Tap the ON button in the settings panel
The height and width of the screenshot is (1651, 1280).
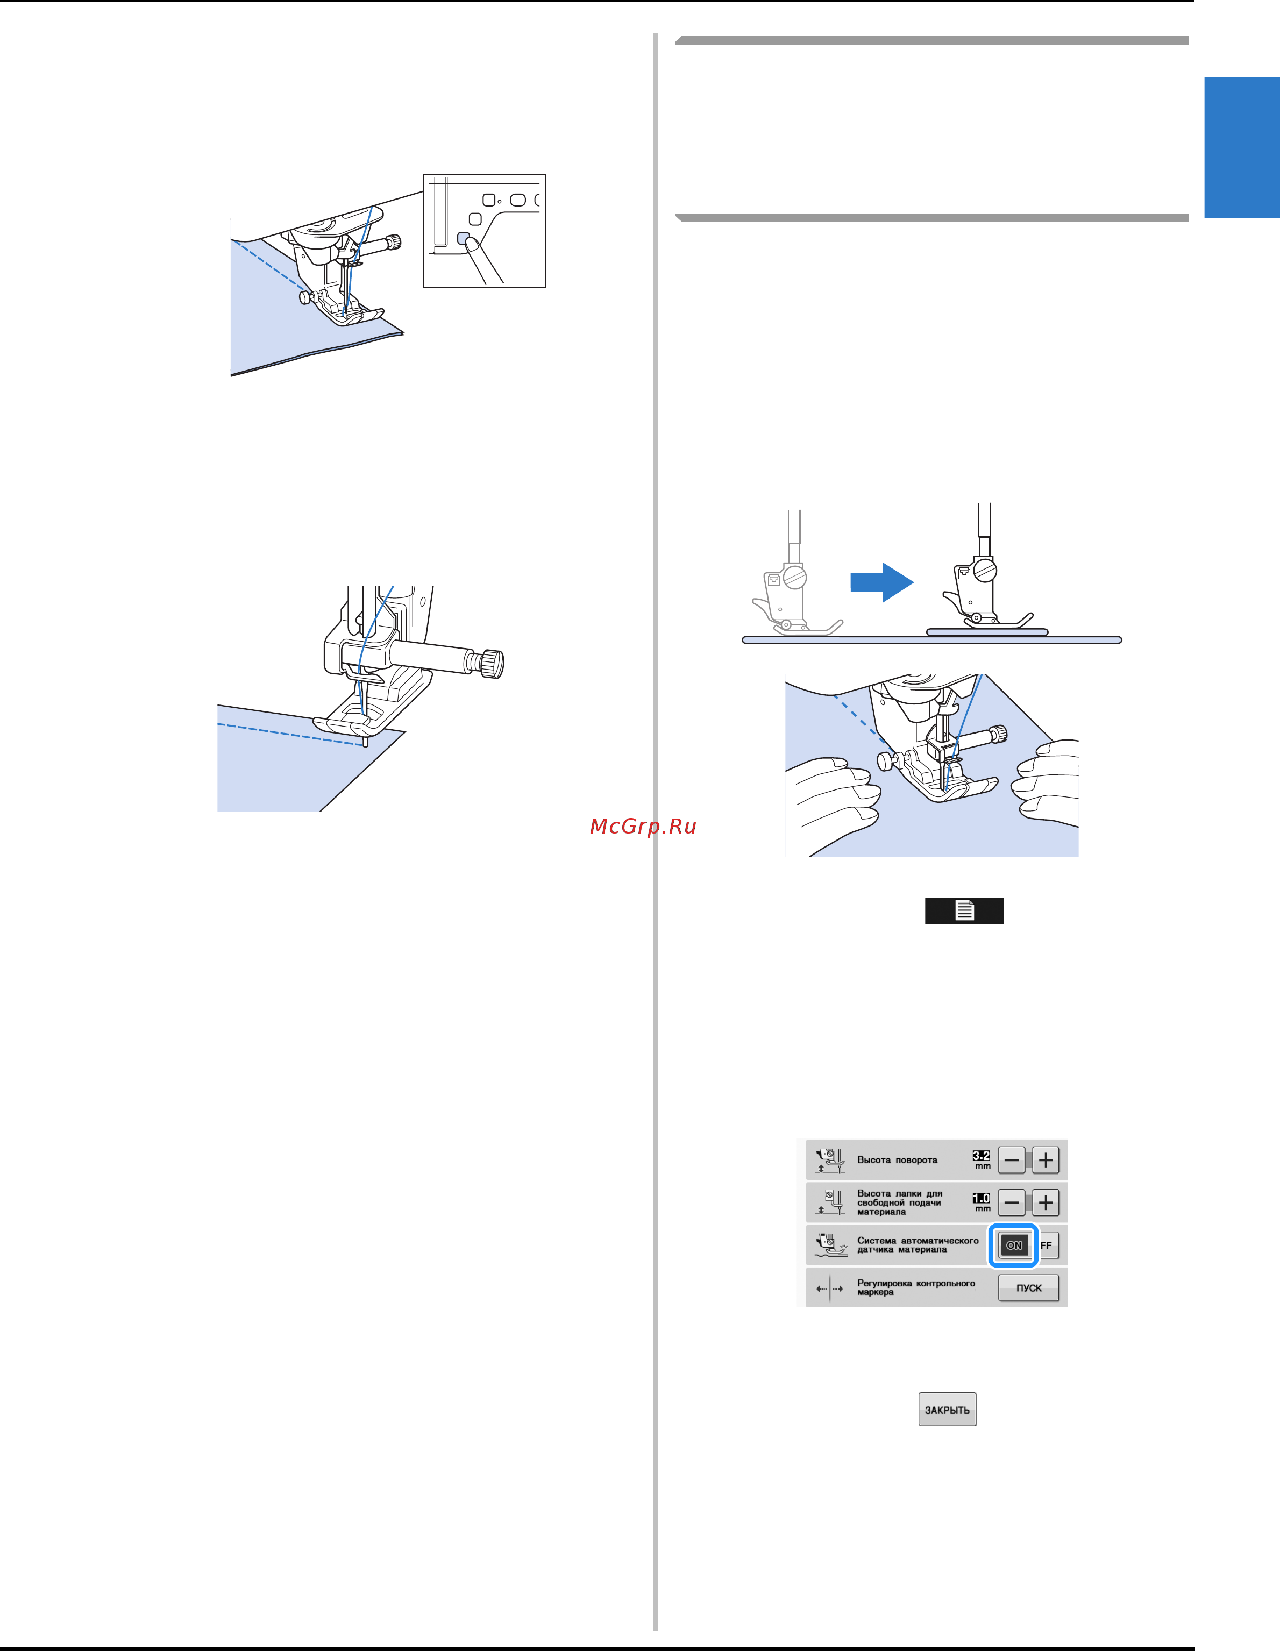point(1014,1245)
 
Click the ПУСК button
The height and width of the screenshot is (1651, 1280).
point(1028,1287)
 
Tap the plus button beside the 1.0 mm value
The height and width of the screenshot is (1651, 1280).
point(1046,1202)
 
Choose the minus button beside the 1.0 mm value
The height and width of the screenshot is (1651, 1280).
point(1012,1202)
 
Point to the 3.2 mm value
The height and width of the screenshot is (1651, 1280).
point(982,1159)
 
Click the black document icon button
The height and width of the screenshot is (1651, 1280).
point(964,910)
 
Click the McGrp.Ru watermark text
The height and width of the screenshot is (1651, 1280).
point(643,826)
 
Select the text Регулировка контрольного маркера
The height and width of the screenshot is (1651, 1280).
point(915,1287)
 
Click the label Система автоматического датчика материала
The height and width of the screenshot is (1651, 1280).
point(917,1245)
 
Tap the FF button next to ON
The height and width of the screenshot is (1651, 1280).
point(1047,1245)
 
